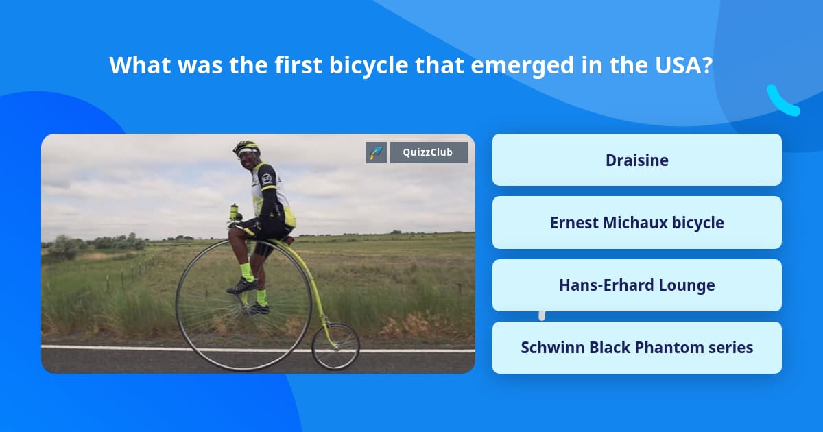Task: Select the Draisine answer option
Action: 636,160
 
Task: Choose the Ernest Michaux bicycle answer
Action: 636,223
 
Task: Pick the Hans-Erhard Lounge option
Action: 636,285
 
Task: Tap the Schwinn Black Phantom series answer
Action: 636,348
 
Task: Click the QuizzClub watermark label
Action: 429,152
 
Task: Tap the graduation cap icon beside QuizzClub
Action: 376,152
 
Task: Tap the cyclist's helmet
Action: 246,147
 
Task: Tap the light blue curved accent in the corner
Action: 783,101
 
